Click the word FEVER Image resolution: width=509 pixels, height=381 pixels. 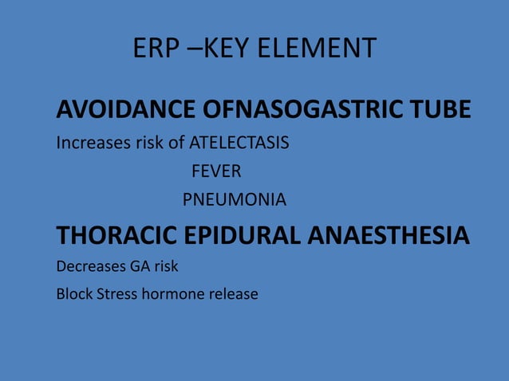coord(216,171)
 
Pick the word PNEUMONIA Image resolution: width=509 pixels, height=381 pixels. coord(235,199)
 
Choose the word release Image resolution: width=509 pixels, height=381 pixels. coord(234,294)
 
